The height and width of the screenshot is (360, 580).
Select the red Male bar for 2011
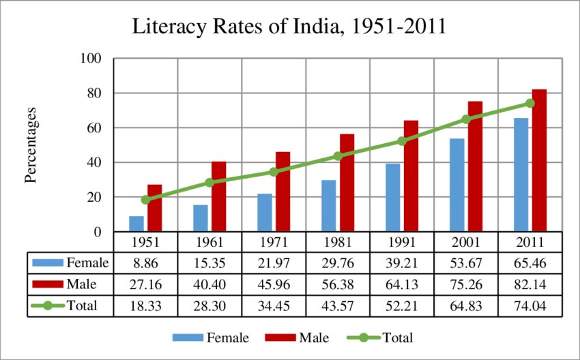point(540,160)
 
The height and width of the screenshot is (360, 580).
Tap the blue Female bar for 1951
point(136,224)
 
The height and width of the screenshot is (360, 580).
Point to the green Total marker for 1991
point(403,141)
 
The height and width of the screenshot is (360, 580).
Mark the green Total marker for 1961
point(209,183)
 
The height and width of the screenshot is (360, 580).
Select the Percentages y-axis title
point(30,145)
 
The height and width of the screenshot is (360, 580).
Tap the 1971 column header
point(274,242)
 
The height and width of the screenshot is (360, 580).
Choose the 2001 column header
point(466,242)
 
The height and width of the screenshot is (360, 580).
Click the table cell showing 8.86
point(145,262)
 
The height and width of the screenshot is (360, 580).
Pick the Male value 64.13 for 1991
point(402,284)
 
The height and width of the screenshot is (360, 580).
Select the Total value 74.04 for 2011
point(530,305)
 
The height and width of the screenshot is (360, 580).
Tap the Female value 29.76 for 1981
point(338,262)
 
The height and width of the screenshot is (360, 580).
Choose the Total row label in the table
point(82,305)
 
